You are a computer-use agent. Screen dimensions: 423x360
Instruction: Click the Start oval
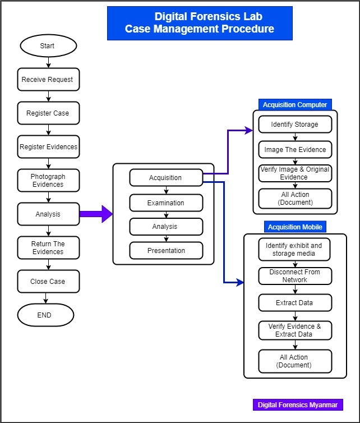click(x=48, y=46)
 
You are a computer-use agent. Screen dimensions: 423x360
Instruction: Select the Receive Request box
click(x=48, y=80)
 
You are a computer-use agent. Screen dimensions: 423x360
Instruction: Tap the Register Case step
click(x=48, y=113)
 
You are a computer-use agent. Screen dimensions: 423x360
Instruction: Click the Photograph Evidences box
click(x=48, y=180)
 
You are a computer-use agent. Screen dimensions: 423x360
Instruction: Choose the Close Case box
click(x=48, y=282)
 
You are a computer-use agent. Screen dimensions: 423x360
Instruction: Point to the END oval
click(x=45, y=315)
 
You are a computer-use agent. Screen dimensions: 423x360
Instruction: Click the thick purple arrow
click(x=96, y=214)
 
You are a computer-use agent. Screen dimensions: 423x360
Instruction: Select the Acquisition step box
click(x=165, y=178)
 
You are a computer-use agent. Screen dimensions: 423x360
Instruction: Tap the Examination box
click(x=165, y=203)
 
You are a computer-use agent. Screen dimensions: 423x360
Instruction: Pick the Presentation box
click(x=165, y=251)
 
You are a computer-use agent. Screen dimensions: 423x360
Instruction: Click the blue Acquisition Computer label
click(x=295, y=105)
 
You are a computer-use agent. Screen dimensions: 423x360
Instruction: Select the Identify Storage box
click(x=295, y=125)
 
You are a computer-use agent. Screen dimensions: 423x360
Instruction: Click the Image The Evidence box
click(x=295, y=150)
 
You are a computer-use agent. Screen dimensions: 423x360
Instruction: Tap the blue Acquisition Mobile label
click(x=295, y=227)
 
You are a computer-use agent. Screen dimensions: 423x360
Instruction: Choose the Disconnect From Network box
click(x=295, y=276)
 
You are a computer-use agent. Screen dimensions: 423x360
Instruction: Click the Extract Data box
click(x=295, y=303)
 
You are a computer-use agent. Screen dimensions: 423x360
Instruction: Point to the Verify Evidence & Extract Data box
click(x=295, y=330)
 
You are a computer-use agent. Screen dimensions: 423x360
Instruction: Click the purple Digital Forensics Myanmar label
click(x=297, y=404)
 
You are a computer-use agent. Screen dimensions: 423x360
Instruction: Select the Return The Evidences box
click(x=48, y=248)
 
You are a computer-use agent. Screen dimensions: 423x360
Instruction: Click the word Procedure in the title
click(x=247, y=29)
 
